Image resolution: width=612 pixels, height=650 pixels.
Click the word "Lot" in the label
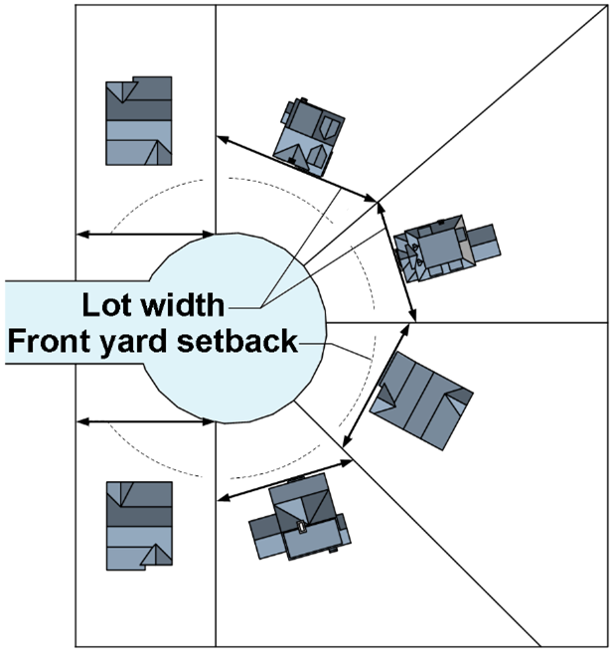click(108, 305)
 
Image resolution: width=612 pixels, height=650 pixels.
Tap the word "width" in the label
click(183, 305)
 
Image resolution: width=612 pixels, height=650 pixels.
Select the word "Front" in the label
click(49, 341)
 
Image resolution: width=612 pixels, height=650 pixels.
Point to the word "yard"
click(133, 344)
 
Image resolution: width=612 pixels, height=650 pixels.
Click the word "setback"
click(237, 341)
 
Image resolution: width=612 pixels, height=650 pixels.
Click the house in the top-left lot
click(139, 120)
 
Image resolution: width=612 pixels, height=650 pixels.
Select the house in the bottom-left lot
click(139, 526)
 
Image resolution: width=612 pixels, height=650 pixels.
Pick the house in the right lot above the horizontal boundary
click(447, 248)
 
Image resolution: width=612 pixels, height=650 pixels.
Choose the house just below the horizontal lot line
click(421, 401)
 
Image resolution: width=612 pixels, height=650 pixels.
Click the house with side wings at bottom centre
click(300, 518)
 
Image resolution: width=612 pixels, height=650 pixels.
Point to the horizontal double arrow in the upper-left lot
click(145, 235)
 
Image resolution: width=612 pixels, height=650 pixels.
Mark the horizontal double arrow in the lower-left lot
click(145, 422)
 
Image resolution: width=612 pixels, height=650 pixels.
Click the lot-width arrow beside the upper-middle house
click(297, 169)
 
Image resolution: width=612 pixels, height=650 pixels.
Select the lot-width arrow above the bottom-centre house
click(285, 480)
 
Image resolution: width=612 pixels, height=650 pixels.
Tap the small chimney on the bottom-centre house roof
click(301, 526)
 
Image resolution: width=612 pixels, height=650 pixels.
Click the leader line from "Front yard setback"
click(335, 351)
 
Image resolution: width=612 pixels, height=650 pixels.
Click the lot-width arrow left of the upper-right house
click(396, 261)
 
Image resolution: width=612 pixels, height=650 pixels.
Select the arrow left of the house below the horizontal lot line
click(377, 386)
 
